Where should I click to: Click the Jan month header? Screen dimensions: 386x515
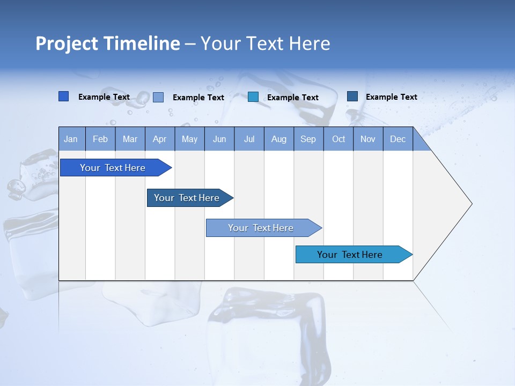click(x=71, y=139)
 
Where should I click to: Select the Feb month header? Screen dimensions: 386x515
click(x=100, y=139)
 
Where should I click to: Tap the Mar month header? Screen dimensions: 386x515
click(x=130, y=139)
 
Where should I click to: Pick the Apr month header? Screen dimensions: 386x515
click(x=160, y=139)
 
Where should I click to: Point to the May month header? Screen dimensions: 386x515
click(x=189, y=139)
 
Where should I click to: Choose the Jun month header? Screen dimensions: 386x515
click(x=219, y=139)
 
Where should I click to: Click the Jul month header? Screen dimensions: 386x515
click(x=249, y=139)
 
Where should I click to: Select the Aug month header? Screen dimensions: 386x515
click(x=279, y=139)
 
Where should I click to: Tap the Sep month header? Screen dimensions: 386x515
click(x=308, y=139)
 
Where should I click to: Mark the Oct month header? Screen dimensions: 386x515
click(x=339, y=139)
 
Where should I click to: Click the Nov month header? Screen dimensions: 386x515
click(x=368, y=139)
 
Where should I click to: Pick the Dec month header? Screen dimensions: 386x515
click(x=398, y=139)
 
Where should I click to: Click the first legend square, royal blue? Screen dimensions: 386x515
click(x=63, y=96)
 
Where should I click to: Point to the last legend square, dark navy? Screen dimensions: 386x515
click(x=352, y=96)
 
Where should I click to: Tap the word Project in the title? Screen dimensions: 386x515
click(x=66, y=43)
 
